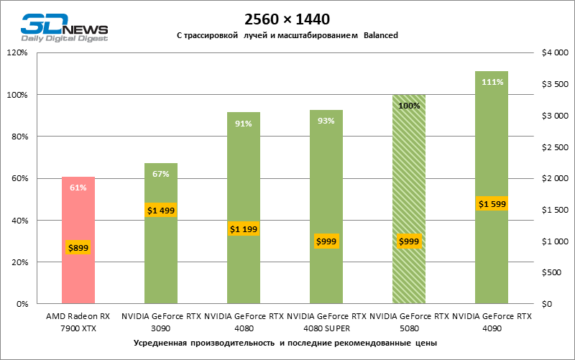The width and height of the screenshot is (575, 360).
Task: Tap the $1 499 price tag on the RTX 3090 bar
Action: coord(161,210)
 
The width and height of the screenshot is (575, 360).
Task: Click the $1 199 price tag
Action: coord(244,229)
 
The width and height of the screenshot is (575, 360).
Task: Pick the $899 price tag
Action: coord(78,248)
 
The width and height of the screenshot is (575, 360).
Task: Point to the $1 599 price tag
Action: coord(492,204)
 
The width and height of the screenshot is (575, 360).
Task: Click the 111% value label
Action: coord(492,82)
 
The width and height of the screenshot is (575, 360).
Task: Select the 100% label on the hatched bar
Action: coord(408,106)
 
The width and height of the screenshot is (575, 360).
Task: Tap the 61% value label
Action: coord(78,188)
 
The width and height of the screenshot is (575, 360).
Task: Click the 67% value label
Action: coord(161,174)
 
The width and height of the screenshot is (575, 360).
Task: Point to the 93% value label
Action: coord(326,121)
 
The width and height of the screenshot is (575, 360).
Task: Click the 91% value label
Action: coord(244,123)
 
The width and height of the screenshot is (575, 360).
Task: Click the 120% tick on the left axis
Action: coord(17,52)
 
